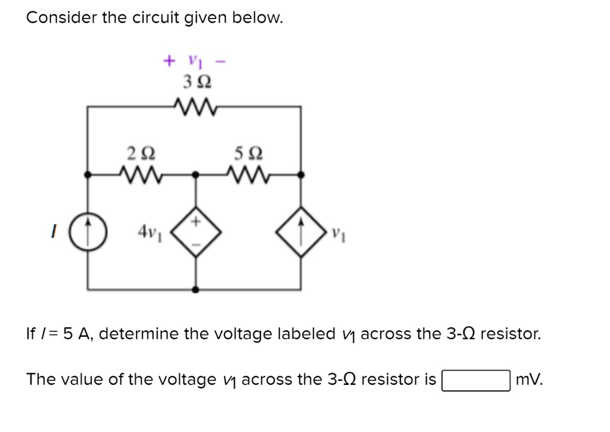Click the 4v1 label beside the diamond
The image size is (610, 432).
[150, 230]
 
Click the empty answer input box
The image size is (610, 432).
[475, 380]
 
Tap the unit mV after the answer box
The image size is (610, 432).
[529, 380]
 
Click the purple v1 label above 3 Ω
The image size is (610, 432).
[194, 61]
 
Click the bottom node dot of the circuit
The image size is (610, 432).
[196, 290]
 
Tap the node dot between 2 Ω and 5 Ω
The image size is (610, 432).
[196, 176]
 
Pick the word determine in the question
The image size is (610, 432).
[189, 334]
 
